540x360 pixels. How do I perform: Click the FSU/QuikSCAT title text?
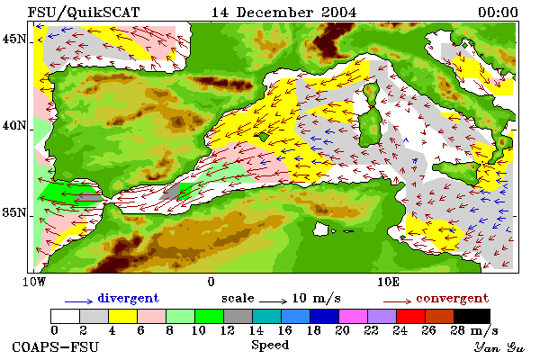(84, 13)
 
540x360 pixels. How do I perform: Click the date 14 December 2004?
(283, 13)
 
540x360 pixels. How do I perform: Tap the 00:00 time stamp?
(498, 13)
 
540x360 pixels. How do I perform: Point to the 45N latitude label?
(14, 40)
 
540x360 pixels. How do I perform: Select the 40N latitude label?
(14, 126)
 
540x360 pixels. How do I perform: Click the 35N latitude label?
(14, 212)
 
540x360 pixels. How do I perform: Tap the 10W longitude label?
(34, 282)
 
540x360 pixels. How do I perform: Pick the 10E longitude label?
(389, 282)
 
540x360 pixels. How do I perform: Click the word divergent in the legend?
(129, 298)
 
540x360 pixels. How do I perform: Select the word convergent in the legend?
(453, 298)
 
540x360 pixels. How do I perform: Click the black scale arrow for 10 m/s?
(273, 301)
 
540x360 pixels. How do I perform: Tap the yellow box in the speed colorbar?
(123, 316)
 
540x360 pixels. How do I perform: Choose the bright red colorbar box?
(410, 316)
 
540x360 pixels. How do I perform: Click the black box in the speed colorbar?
(472, 316)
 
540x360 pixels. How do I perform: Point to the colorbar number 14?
(256, 330)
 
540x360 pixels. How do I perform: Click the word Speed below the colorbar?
(270, 346)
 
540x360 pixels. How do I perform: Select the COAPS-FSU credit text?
(56, 346)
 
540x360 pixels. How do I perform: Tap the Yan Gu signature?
(499, 347)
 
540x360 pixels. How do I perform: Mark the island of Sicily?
(457, 172)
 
